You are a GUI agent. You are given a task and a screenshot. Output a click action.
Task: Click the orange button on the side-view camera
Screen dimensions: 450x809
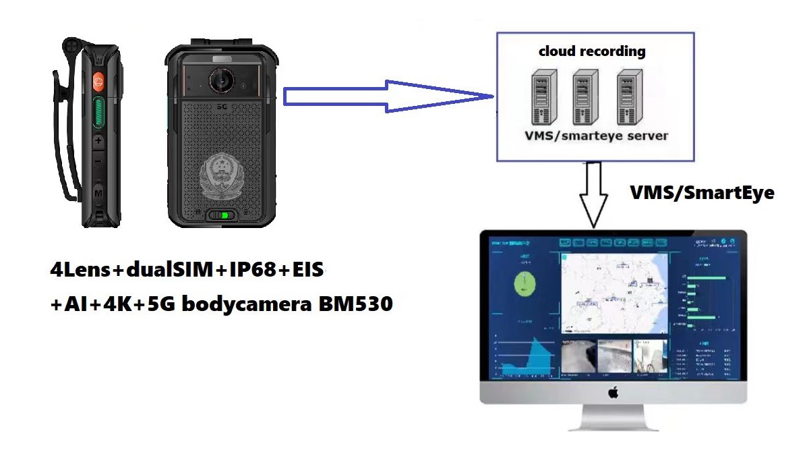point(98,82)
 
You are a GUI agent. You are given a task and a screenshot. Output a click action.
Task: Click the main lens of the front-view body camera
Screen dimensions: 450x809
point(220,80)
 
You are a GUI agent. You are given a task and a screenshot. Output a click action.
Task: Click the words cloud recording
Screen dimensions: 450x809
point(592,51)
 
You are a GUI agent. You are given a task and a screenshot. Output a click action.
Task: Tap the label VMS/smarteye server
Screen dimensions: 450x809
point(596,136)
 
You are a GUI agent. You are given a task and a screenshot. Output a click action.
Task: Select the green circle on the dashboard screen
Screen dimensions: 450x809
point(525,283)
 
